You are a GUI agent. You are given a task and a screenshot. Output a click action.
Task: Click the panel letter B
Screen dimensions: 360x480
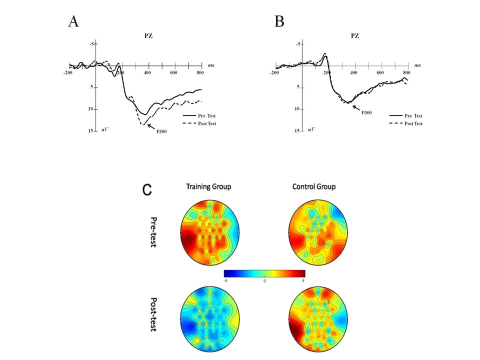pyautogui.click(x=279, y=22)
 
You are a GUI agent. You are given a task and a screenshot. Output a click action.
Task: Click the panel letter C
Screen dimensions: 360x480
pyautogui.click(x=148, y=190)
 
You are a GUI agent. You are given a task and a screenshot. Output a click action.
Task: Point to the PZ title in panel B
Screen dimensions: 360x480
pyautogui.click(x=354, y=36)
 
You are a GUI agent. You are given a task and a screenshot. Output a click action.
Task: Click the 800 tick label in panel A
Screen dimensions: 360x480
pyautogui.click(x=200, y=73)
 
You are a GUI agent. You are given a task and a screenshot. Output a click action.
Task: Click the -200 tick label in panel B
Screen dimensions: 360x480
pyautogui.click(x=274, y=73)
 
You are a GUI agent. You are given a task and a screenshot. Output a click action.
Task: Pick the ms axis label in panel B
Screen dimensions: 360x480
pyautogui.click(x=417, y=65)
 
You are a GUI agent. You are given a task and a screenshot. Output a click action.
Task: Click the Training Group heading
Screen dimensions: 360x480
pyautogui.click(x=208, y=187)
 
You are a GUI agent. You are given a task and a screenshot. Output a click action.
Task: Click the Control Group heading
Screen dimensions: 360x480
pyautogui.click(x=314, y=187)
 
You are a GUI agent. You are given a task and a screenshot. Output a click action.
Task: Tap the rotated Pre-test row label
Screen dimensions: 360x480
pyautogui.click(x=153, y=232)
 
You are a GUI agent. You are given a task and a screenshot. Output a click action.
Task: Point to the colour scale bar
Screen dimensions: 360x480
pyautogui.click(x=264, y=273)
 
